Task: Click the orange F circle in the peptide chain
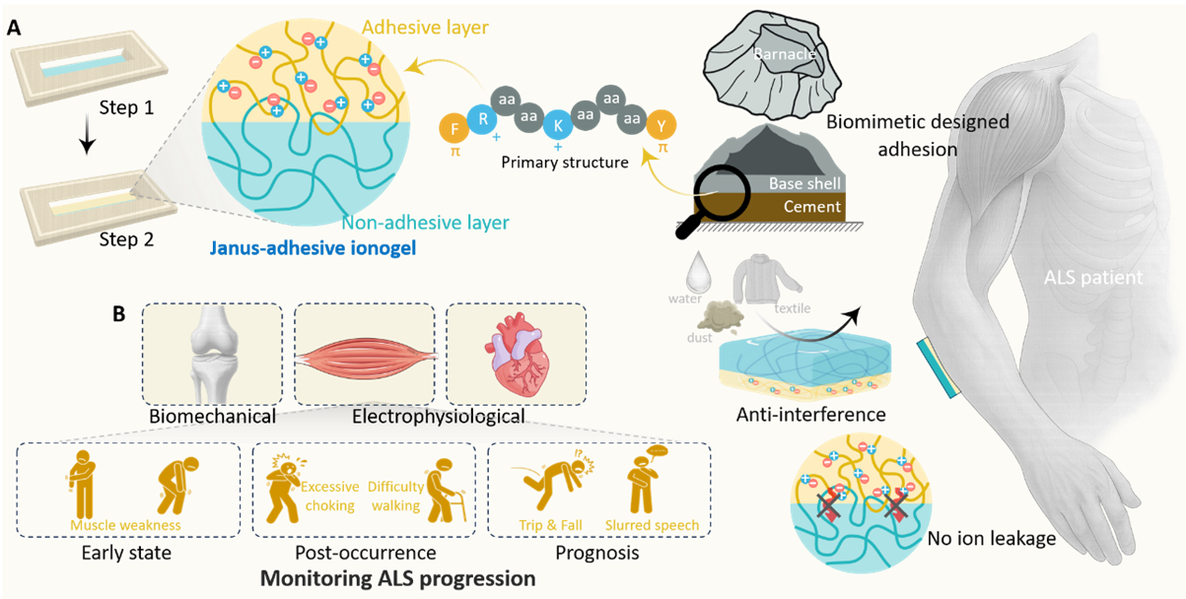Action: coord(454,128)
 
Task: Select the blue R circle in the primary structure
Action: coord(482,119)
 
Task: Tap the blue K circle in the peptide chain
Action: coord(558,125)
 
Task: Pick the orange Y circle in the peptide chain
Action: coord(662,126)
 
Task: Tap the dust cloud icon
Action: coord(720,316)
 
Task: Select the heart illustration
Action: coord(517,354)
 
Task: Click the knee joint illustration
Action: coord(212,355)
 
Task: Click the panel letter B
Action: coord(119,314)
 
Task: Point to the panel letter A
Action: coord(14,28)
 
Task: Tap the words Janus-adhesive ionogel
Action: coord(313,248)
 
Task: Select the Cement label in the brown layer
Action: coord(811,206)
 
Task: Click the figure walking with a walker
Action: coord(445,490)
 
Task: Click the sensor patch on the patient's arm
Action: coord(939,368)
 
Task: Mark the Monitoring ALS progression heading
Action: coord(397,578)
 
